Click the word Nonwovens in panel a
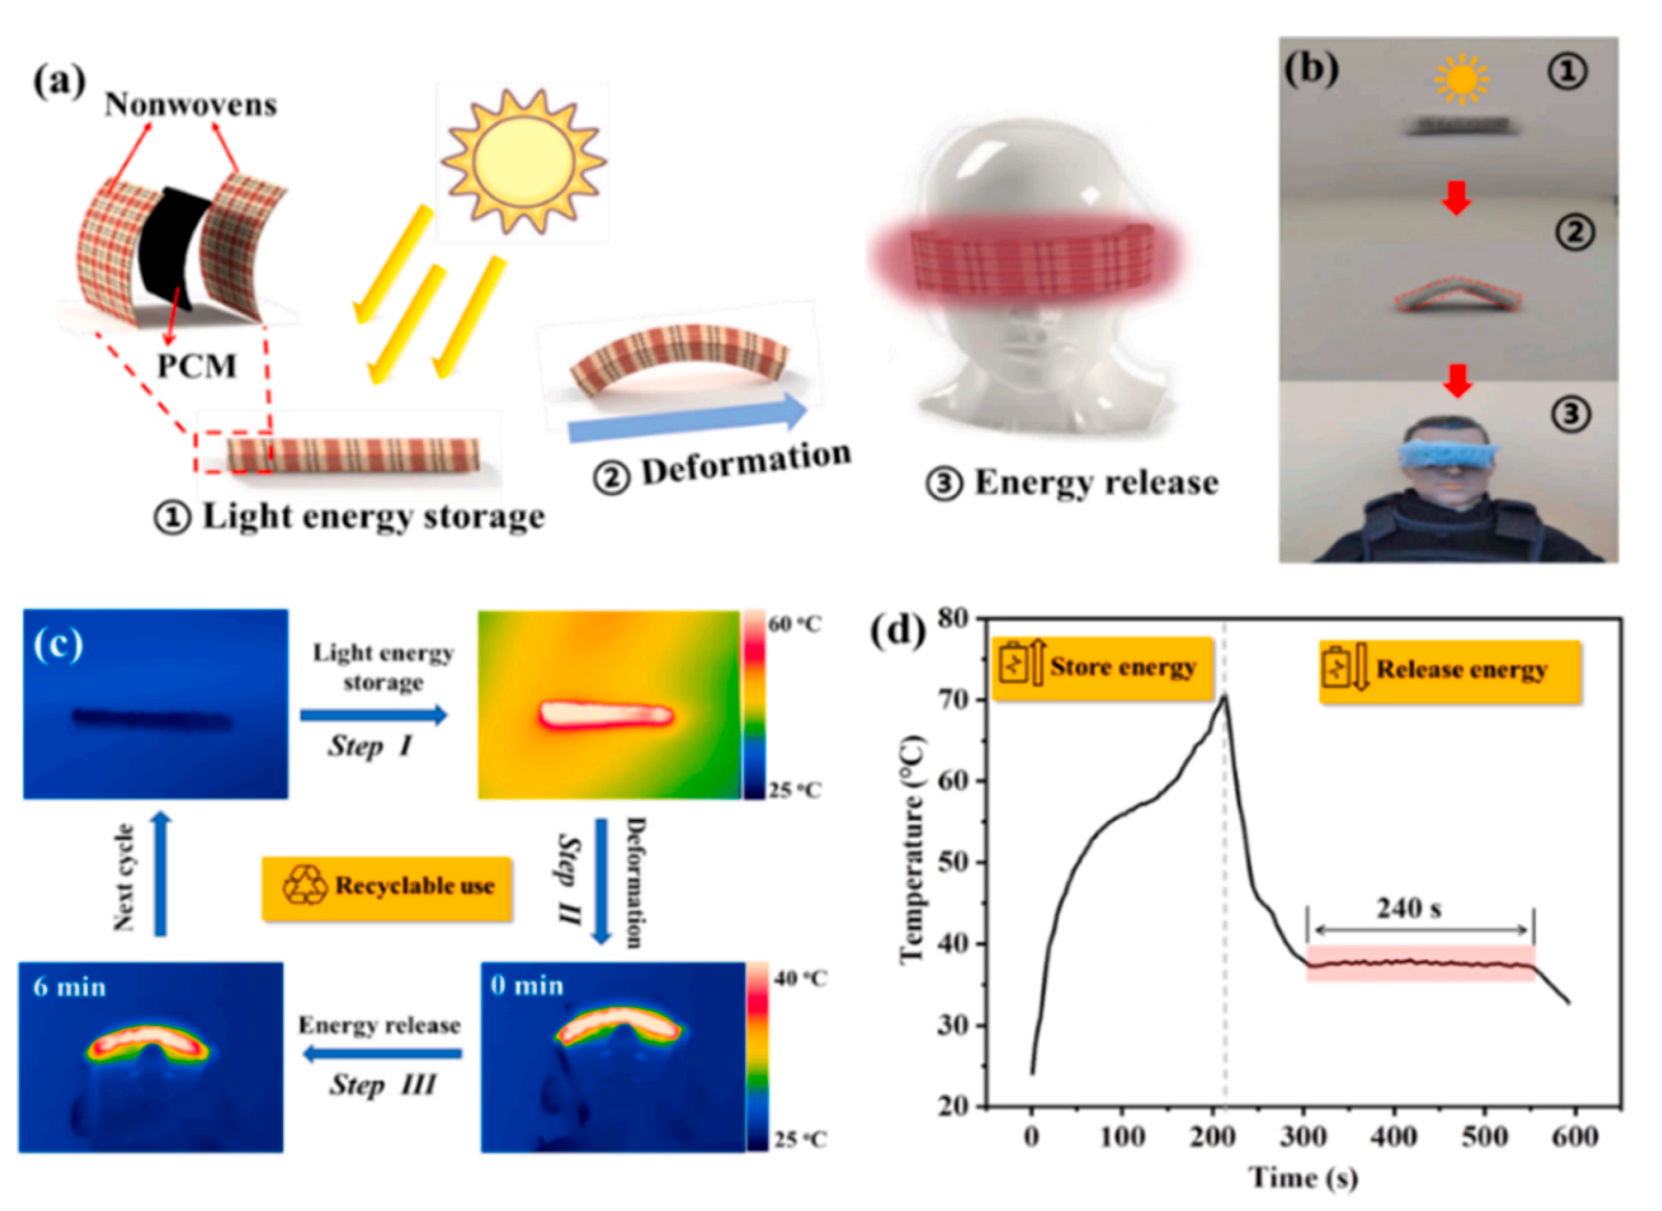pos(190,105)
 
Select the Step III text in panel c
pos(383,1085)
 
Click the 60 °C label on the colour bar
pos(794,624)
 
